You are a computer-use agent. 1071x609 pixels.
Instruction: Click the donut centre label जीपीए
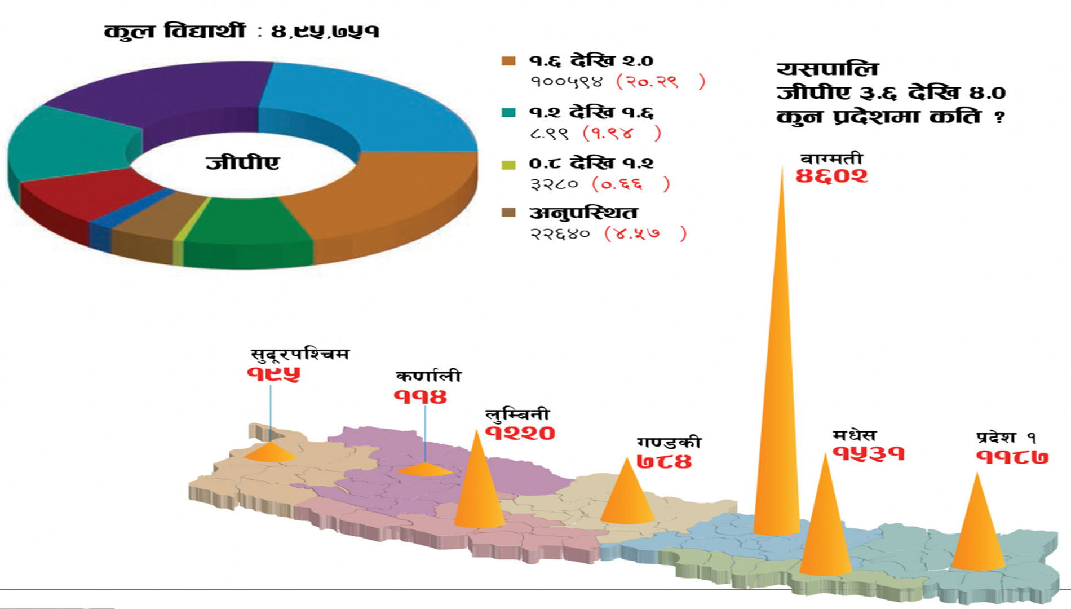[x=243, y=163]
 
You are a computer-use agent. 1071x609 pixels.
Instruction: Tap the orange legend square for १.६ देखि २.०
[x=508, y=61]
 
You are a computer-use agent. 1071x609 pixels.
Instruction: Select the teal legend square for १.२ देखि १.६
[x=508, y=112]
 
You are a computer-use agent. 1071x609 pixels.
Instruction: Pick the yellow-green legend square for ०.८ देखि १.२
[x=508, y=165]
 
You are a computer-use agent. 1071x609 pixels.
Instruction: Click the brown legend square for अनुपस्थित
[x=508, y=213]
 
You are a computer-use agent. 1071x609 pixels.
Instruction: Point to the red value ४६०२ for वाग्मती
[x=831, y=176]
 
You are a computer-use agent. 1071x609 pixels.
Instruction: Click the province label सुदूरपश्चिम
[x=300, y=354]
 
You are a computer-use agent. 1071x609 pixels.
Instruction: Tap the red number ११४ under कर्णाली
[x=420, y=396]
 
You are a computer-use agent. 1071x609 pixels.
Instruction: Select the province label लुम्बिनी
[x=517, y=414]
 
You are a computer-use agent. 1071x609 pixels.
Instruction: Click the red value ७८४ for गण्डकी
[x=663, y=462]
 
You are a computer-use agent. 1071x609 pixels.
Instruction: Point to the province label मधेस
[x=854, y=435]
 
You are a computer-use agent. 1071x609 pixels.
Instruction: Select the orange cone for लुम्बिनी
[x=479, y=491]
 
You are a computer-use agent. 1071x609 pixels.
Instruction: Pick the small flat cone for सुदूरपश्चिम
[x=270, y=453]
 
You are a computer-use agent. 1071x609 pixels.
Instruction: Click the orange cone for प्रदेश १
[x=977, y=530]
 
